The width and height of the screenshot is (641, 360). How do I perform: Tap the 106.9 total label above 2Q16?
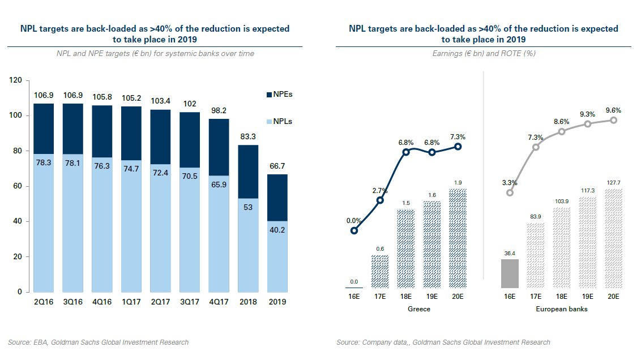coord(43,96)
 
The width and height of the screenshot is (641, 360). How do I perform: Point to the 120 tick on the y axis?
coord(16,81)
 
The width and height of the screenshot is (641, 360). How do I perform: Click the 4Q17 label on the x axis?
coord(220,302)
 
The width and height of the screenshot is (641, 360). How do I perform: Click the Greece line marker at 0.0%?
coord(354,230)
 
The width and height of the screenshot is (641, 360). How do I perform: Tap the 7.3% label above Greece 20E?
coord(458,138)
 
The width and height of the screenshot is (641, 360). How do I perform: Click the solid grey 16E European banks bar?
coord(510,274)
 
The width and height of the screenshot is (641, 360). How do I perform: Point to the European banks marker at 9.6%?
coord(613,120)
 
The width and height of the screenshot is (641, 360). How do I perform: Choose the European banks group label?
coord(561,309)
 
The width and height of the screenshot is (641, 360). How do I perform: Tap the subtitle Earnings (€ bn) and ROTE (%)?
coord(484,54)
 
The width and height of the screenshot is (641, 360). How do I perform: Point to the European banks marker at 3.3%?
coord(510,192)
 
